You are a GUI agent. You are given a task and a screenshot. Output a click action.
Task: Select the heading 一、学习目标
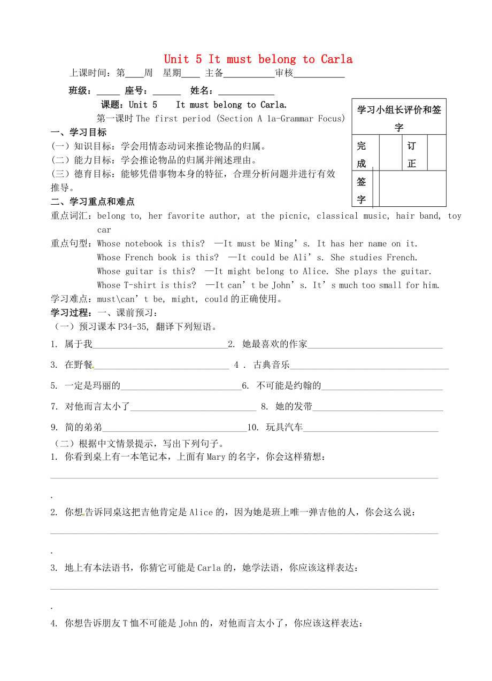tap(79, 133)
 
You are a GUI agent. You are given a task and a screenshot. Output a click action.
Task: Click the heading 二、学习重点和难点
tap(93, 202)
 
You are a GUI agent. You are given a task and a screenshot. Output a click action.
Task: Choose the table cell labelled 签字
tap(362, 190)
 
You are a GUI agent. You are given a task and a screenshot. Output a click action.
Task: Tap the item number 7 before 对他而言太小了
tap(54, 407)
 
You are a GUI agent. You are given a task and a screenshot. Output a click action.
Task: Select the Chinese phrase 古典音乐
tap(272, 365)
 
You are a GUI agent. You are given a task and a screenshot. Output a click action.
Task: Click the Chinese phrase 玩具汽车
tap(284, 427)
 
